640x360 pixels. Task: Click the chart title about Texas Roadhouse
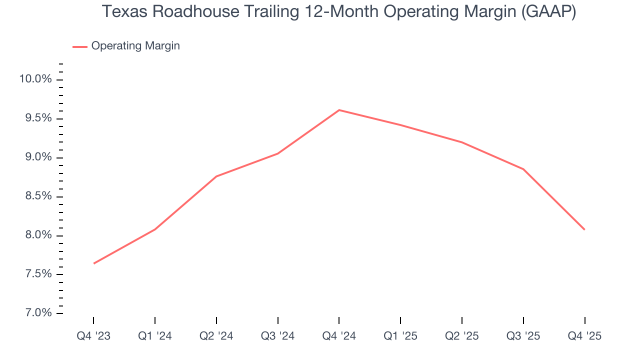pos(339,12)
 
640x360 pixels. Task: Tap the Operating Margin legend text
pos(135,46)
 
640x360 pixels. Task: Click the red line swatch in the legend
pos(80,46)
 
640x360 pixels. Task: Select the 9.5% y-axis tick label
pos(35,118)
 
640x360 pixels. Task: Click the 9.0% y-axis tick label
pos(35,157)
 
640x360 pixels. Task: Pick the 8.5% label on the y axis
pos(35,196)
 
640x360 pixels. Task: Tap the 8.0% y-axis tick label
pos(35,235)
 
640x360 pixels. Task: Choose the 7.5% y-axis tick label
pos(35,274)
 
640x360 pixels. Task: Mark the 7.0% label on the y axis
pos(35,313)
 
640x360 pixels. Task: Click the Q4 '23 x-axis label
pos(93,336)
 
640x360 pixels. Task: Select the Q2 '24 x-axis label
pos(216,336)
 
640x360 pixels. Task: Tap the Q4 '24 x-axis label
pos(339,336)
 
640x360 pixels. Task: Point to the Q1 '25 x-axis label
pos(400,336)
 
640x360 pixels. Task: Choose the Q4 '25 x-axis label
pos(584,336)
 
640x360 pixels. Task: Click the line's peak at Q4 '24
pos(339,110)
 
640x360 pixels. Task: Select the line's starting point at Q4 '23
pos(94,263)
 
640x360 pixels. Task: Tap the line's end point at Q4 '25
pos(584,229)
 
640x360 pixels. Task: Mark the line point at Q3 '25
pos(523,169)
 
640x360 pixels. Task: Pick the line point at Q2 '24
pos(216,176)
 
